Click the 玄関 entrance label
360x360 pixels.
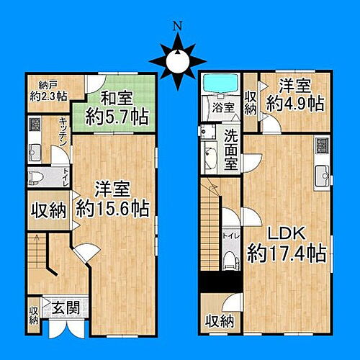click(63, 307)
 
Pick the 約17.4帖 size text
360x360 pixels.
click(287, 253)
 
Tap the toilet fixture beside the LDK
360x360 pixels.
click(230, 260)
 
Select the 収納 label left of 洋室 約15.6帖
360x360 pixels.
click(49, 211)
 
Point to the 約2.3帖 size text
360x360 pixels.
click(48, 94)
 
